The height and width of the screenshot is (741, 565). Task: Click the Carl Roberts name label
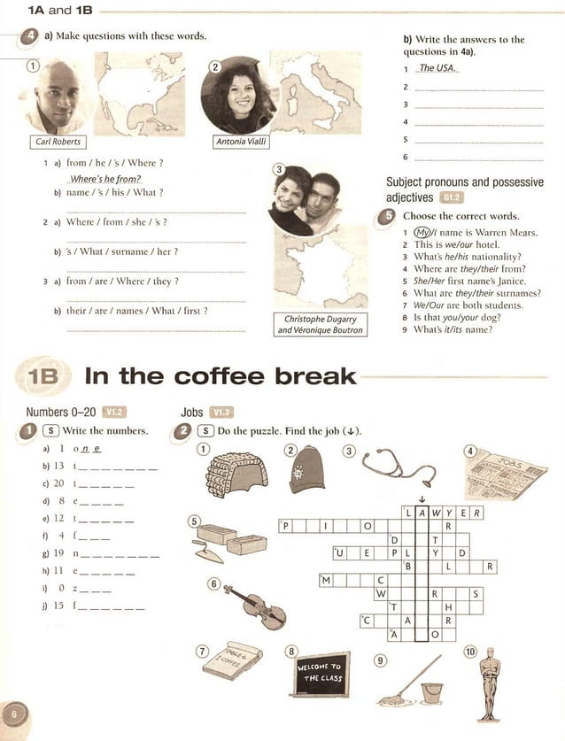(56, 141)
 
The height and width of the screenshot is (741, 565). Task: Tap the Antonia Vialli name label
(241, 141)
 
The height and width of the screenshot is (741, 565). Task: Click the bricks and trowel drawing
(225, 543)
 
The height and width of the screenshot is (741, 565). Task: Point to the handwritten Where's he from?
(105, 178)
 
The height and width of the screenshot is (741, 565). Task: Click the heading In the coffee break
(220, 375)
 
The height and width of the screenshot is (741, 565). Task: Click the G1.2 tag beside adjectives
(451, 198)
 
